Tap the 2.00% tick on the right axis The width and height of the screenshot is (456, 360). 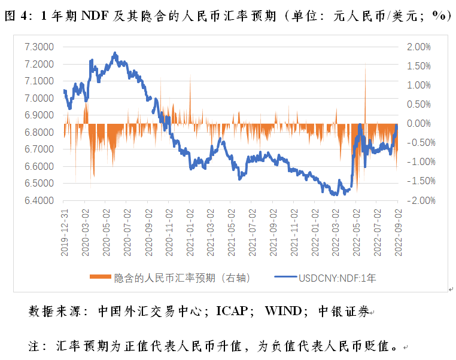[x=418, y=47]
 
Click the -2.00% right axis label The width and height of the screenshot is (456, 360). [x=417, y=200]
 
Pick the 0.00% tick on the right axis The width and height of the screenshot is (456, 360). [x=418, y=124]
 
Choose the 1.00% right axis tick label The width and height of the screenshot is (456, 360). [x=418, y=85]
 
